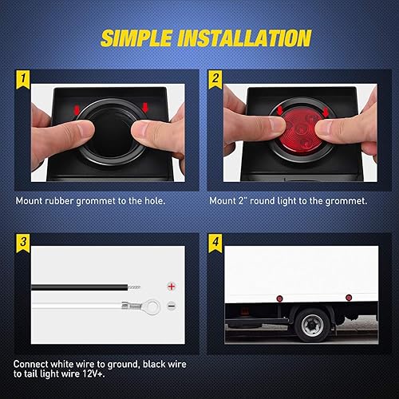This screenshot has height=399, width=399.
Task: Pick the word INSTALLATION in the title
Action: pos(249,38)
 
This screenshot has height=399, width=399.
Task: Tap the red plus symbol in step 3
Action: pos(169,285)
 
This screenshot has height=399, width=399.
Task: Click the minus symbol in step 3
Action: pos(169,304)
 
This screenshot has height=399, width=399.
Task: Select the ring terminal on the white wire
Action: pos(136,304)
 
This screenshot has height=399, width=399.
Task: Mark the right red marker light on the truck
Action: pos(348,297)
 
